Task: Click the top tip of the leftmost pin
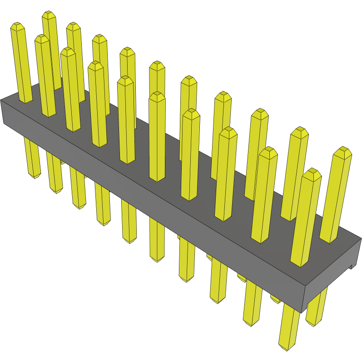click(17, 25)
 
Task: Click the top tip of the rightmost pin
click(343, 149)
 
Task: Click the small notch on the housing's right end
click(351, 267)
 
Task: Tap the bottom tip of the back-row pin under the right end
click(314, 324)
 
